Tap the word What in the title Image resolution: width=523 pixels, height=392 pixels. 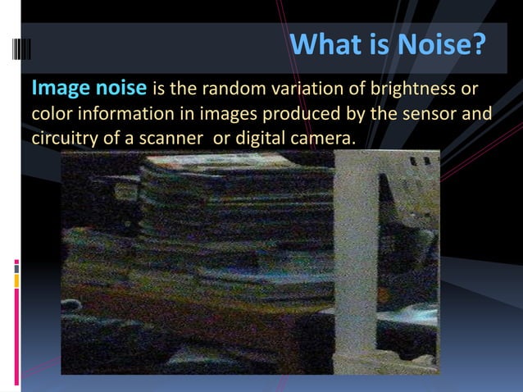pyautogui.click(x=329, y=46)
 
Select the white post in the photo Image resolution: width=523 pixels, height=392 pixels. pyautogui.click(x=357, y=262)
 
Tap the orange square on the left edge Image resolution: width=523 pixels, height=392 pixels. pyautogui.click(x=16, y=281)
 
